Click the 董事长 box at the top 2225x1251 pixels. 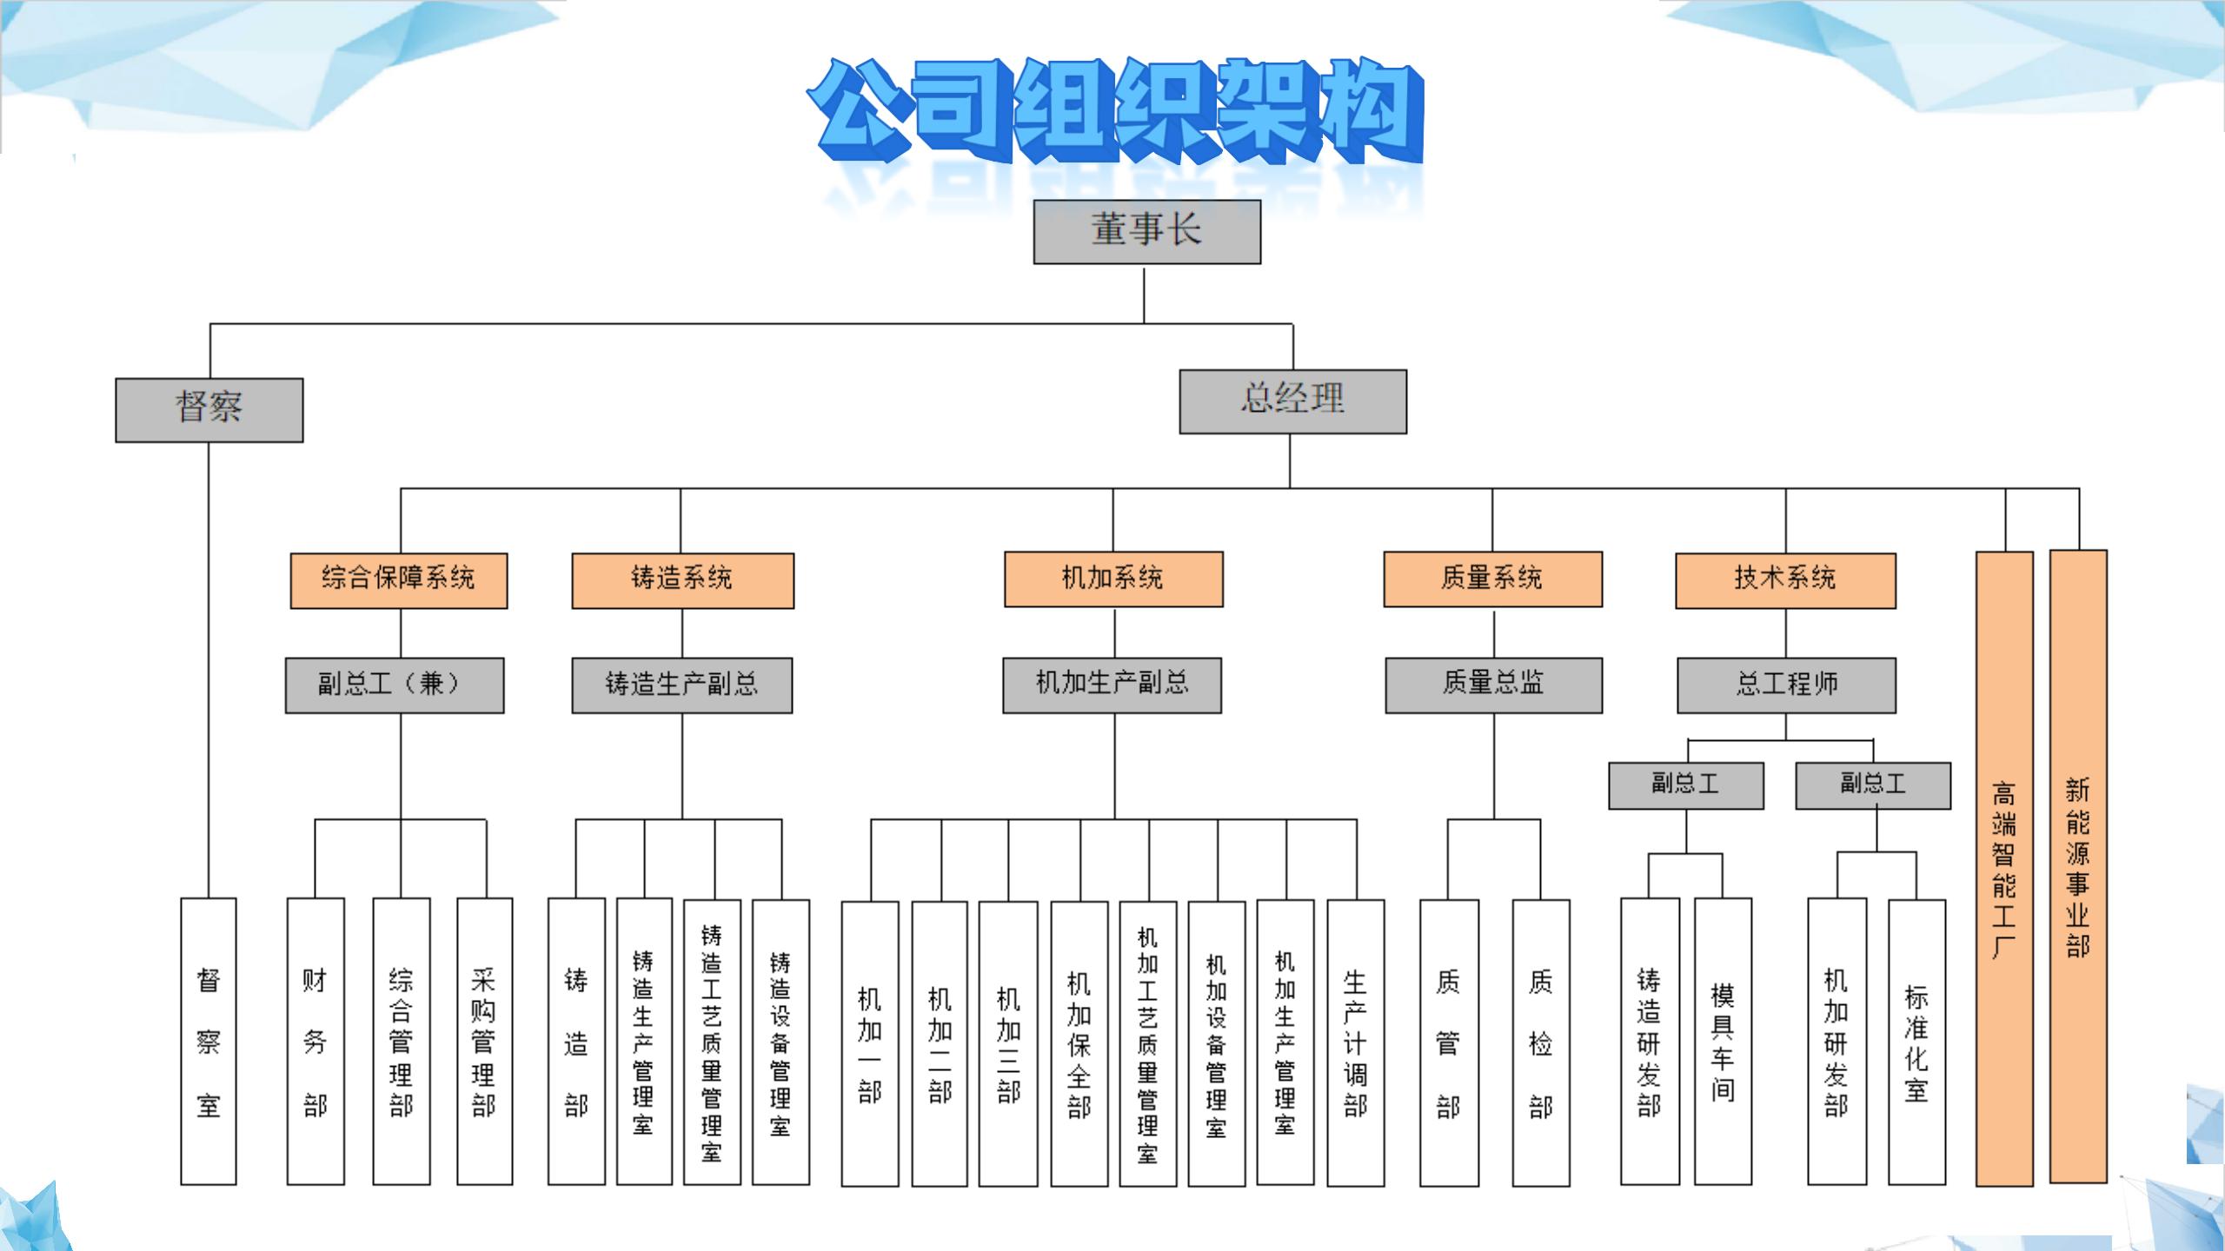(1146, 232)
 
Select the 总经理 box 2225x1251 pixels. (1292, 401)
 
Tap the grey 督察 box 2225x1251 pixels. (209, 410)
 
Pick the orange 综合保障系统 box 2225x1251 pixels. (399, 580)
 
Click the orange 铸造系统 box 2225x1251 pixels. (682, 580)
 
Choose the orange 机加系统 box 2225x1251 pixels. (1113, 579)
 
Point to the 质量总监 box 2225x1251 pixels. (1493, 685)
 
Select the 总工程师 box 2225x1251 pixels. (1786, 685)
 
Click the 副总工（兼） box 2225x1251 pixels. (395, 685)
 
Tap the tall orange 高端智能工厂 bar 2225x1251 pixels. (2004, 869)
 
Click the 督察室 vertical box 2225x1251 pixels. (209, 1042)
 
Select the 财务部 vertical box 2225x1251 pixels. (315, 1042)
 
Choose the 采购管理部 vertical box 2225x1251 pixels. (484, 1042)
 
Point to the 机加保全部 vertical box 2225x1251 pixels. (1079, 1043)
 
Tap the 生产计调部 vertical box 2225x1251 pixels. (1355, 1043)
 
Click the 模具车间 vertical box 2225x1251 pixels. (1723, 1042)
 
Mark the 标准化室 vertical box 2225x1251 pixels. (1916, 1042)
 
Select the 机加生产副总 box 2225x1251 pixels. (1112, 685)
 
